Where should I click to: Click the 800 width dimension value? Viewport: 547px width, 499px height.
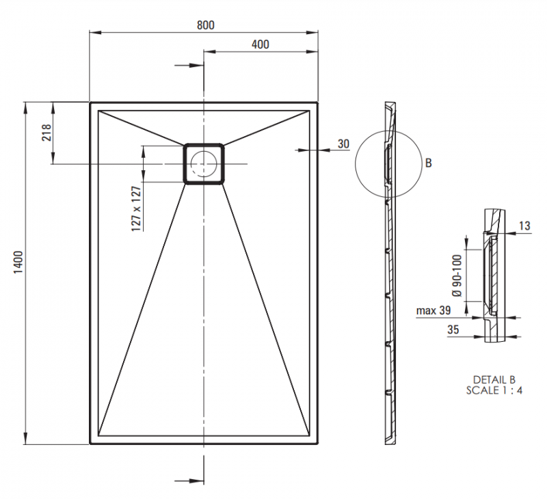[x=205, y=25]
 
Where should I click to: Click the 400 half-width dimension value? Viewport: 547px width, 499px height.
[x=260, y=44]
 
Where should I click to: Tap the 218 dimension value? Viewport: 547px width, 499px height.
[x=46, y=133]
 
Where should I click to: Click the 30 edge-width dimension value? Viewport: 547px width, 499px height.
[x=343, y=144]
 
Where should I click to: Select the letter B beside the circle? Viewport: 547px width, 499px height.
[x=428, y=163]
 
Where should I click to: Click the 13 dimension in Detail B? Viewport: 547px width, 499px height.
[x=524, y=226]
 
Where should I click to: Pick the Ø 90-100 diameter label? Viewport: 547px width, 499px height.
[x=457, y=275]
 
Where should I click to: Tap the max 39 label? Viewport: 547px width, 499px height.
[x=433, y=311]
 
